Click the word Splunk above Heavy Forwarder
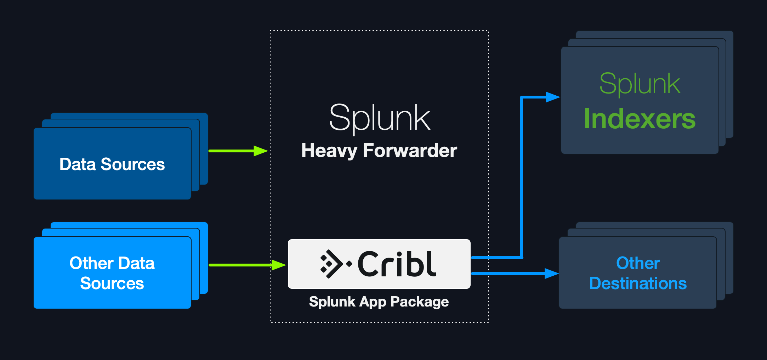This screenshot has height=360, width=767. [379, 118]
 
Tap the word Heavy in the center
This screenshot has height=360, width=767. [329, 151]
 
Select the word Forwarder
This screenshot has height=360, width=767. [410, 151]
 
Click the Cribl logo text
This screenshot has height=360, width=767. [397, 264]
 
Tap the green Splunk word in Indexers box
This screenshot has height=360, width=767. [640, 84]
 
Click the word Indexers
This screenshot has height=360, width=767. [640, 119]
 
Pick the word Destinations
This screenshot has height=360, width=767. [638, 283]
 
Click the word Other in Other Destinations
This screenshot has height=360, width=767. [638, 263]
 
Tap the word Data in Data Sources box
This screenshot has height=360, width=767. [78, 164]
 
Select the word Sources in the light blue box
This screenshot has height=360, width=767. [112, 283]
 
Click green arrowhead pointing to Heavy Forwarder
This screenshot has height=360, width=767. [261, 151]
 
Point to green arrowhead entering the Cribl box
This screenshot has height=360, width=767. [279, 265]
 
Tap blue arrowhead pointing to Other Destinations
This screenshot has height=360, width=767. [551, 274]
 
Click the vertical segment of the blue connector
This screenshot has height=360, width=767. [522, 177]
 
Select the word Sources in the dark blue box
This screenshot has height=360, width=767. [133, 164]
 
